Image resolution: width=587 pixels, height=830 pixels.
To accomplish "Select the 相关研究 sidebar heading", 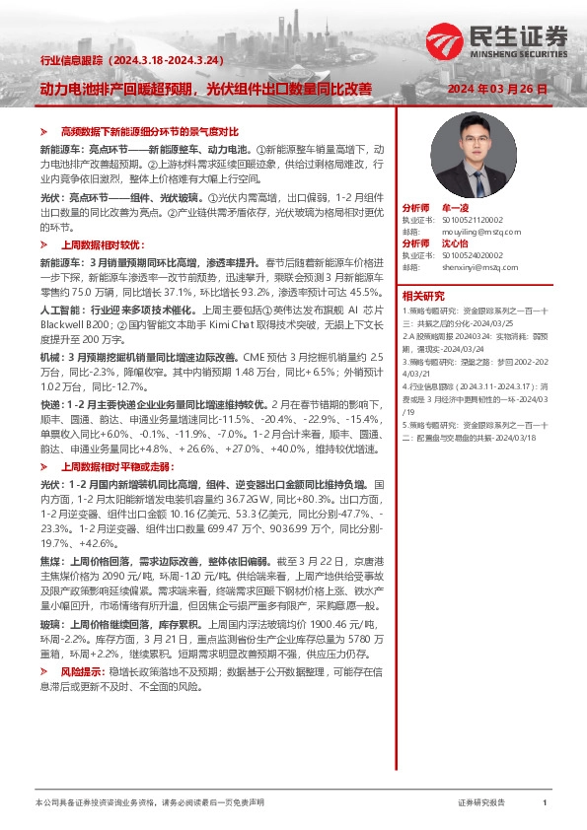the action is coord(422,296).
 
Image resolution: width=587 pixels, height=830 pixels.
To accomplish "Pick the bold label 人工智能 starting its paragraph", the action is coord(56,309).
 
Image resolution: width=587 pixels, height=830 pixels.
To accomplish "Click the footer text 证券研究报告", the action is coord(481,803).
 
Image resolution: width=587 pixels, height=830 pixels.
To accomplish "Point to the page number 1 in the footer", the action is coord(545,803).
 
